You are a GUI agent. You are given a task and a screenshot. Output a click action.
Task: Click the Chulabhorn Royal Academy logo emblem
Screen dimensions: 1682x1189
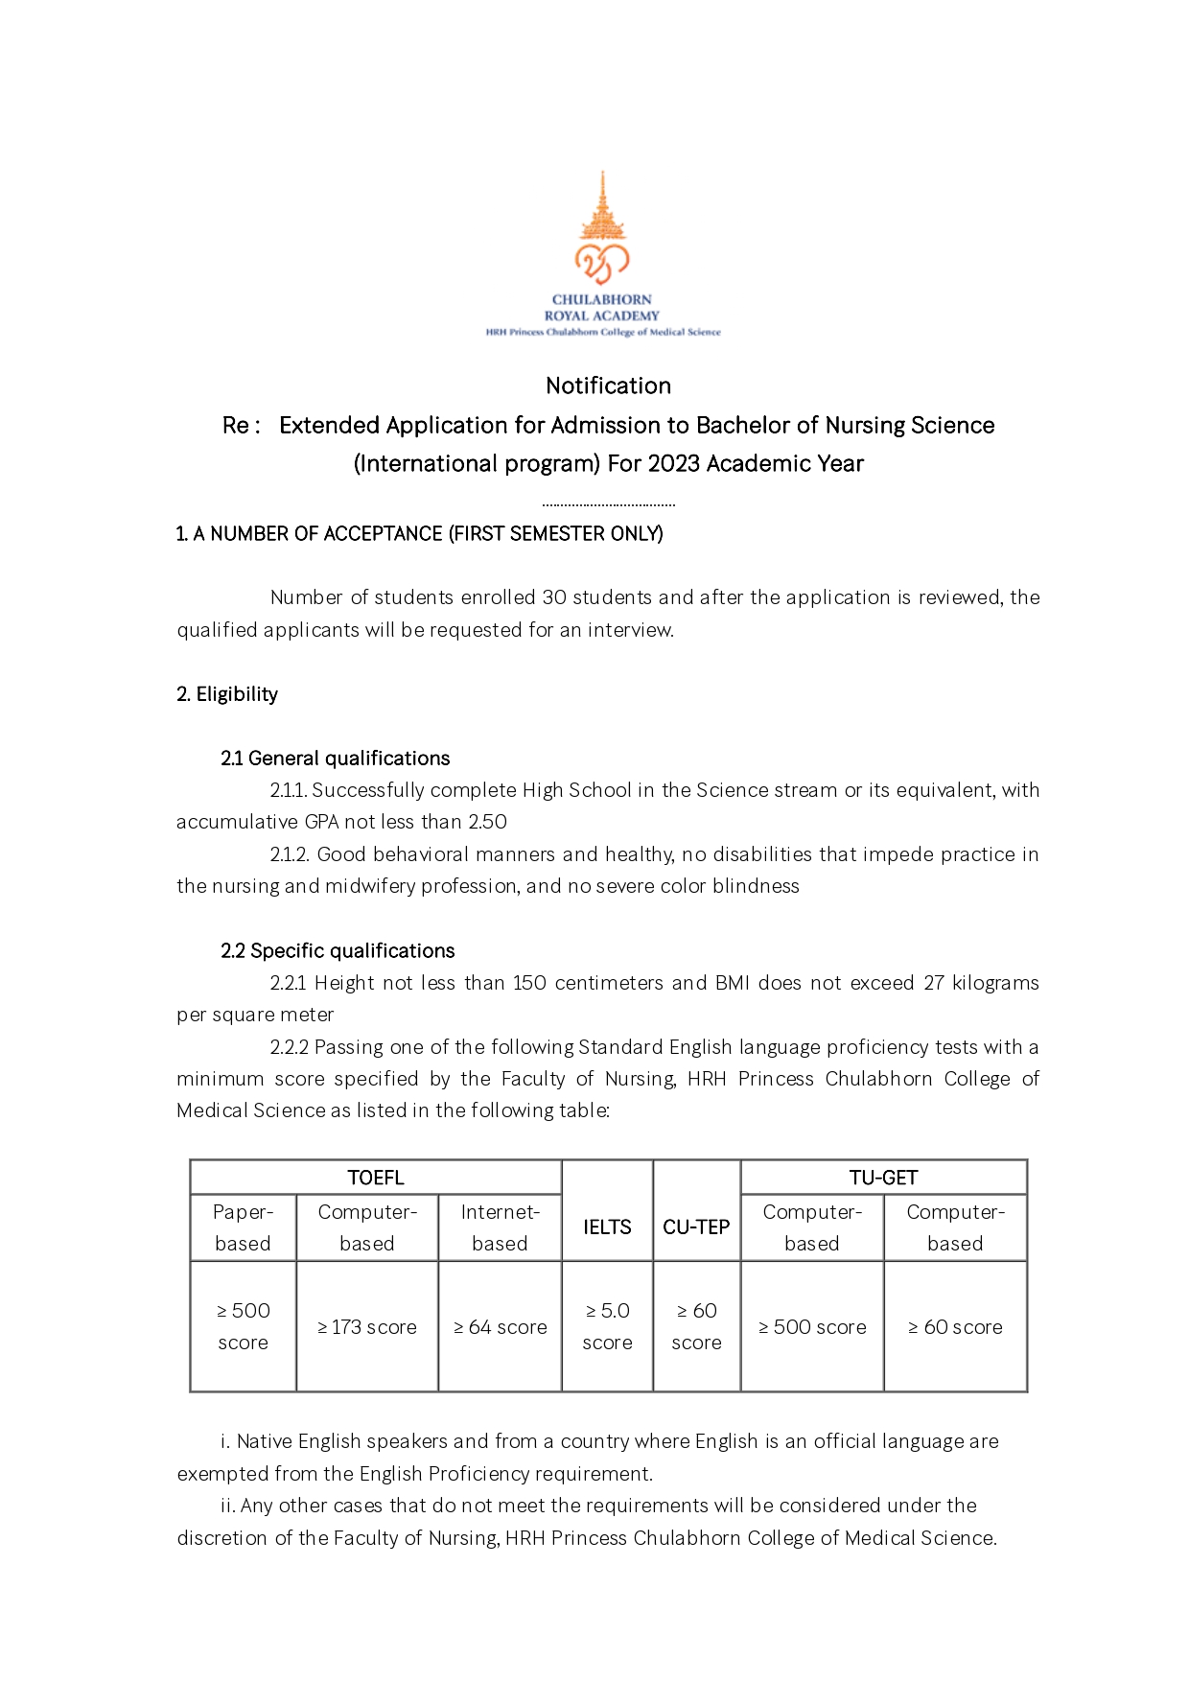pyautogui.click(x=602, y=230)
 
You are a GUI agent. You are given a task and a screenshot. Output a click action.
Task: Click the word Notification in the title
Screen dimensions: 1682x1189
pyautogui.click(x=608, y=385)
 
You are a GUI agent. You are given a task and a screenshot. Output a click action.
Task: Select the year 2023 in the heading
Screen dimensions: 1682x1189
pyautogui.click(x=673, y=464)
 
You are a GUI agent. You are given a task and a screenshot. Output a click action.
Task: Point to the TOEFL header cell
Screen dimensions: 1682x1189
pyautogui.click(x=375, y=1178)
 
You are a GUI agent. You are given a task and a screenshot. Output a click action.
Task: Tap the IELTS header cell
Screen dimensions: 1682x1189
pyautogui.click(x=607, y=1226)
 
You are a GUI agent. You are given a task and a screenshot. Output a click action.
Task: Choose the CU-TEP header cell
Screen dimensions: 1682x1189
pyautogui.click(x=696, y=1226)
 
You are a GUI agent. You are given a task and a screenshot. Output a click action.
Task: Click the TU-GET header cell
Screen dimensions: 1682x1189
pyautogui.click(x=883, y=1178)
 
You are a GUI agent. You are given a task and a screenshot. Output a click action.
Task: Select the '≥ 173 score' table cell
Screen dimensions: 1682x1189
pyautogui.click(x=367, y=1327)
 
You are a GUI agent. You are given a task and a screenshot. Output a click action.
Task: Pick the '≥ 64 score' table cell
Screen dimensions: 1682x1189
pyautogui.click(x=500, y=1327)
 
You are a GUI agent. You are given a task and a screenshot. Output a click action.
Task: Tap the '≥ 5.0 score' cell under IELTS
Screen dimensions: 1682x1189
pyautogui.click(x=607, y=1326)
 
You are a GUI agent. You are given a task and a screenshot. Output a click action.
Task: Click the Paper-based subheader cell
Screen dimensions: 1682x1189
pyautogui.click(x=243, y=1227)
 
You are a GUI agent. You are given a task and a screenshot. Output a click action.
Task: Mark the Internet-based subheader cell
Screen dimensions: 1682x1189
pyautogui.click(x=500, y=1227)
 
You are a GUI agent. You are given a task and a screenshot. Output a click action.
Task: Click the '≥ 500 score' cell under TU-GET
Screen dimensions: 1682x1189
pyautogui.click(x=812, y=1327)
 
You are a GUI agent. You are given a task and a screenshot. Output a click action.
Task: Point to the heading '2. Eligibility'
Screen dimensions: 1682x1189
pyautogui.click(x=227, y=694)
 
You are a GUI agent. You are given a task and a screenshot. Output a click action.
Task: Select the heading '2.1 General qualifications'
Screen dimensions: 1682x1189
pyautogui.click(x=335, y=759)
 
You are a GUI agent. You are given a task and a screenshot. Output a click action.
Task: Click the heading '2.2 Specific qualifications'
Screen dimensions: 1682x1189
pyautogui.click(x=338, y=951)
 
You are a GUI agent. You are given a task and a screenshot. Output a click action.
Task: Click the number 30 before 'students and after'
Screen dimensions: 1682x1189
pyautogui.click(x=554, y=597)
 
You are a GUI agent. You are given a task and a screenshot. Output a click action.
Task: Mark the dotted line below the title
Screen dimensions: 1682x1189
pyautogui.click(x=608, y=503)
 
